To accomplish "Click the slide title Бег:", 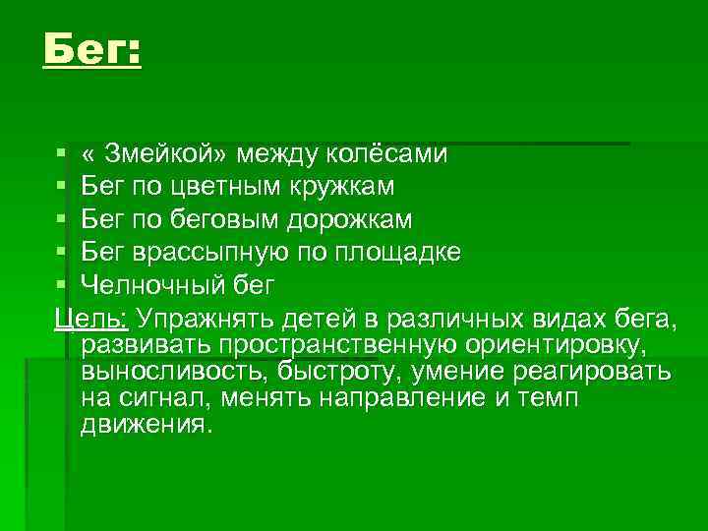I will click(x=91, y=47).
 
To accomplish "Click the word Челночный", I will click(x=156, y=284).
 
